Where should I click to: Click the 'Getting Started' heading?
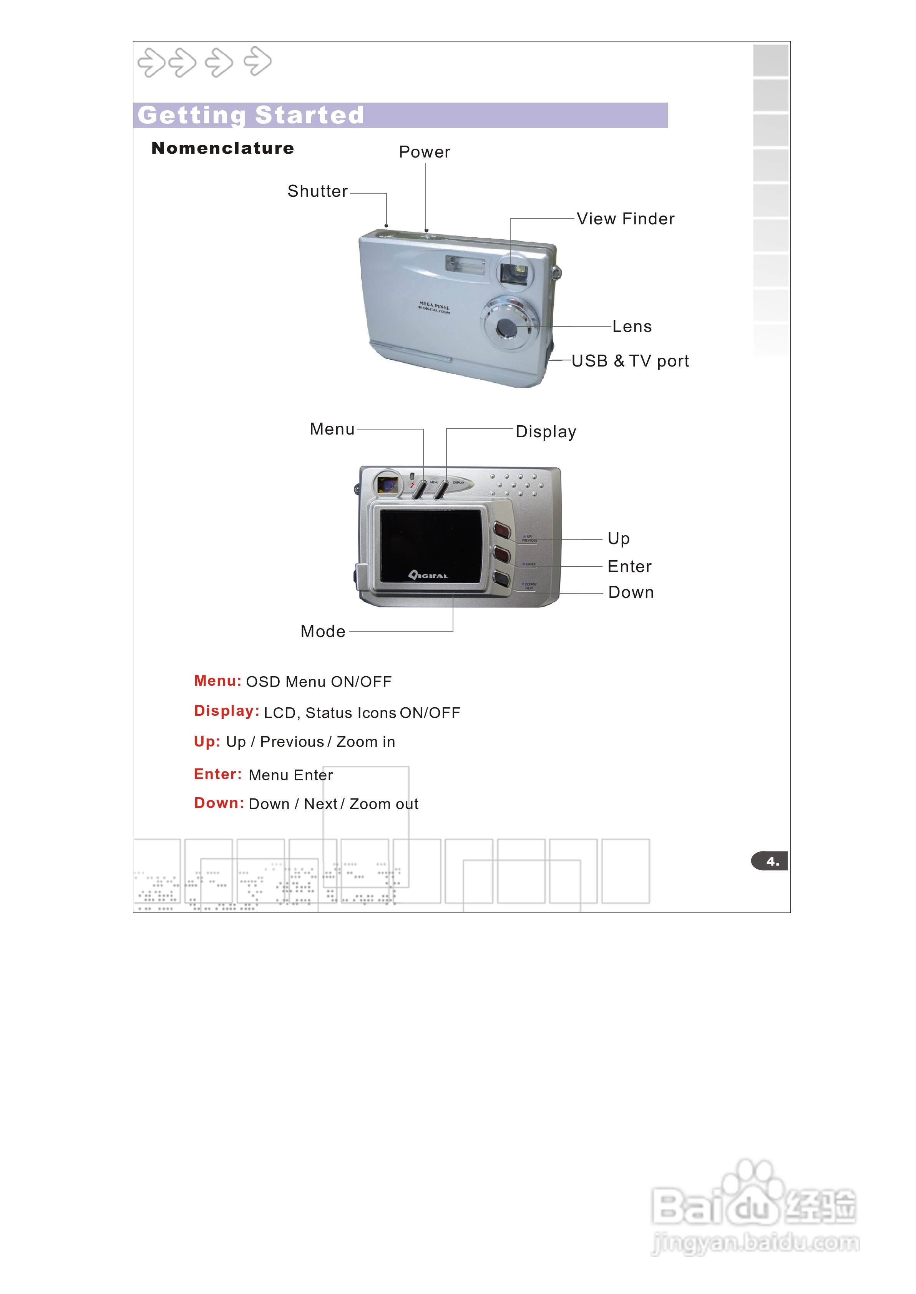[251, 115]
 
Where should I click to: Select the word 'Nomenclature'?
[223, 148]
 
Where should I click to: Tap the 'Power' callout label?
[424, 152]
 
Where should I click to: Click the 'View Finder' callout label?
[626, 219]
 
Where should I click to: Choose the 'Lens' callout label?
[632, 327]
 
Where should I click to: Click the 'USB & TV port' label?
[630, 361]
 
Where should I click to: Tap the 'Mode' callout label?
[323, 632]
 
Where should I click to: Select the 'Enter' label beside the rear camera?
[629, 567]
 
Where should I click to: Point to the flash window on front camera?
[465, 264]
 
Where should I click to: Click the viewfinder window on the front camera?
[514, 273]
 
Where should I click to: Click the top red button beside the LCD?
[501, 530]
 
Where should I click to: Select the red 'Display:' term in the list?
[227, 711]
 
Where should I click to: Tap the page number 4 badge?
[771, 861]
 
